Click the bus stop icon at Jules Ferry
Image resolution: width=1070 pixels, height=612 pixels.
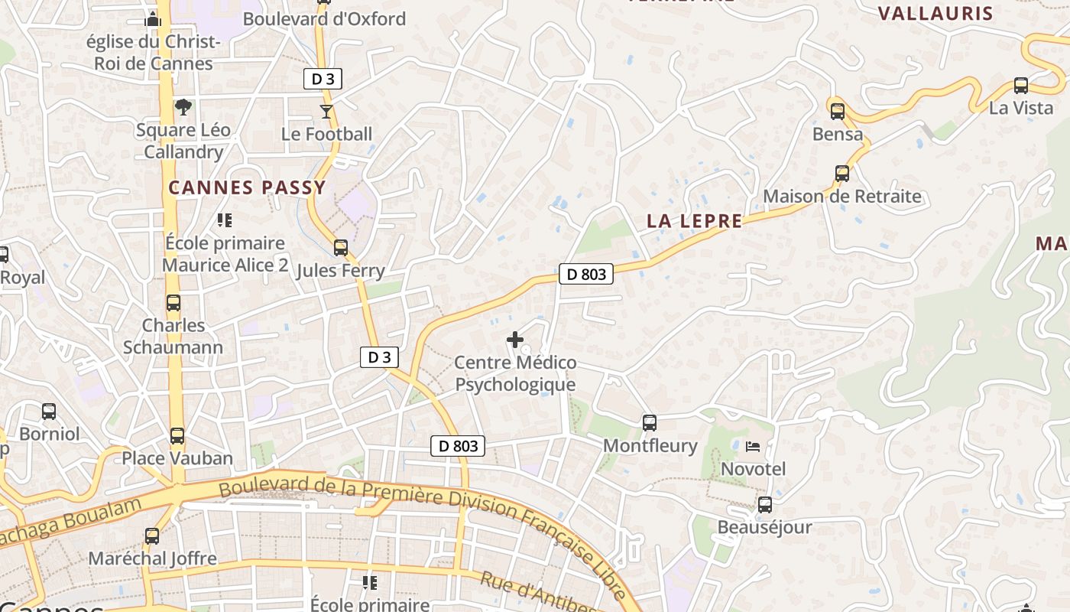tap(341, 248)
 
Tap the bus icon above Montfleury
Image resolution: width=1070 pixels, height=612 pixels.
tap(650, 422)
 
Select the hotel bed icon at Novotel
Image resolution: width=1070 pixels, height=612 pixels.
tap(753, 445)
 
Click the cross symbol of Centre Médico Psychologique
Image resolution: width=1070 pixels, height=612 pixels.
tap(515, 339)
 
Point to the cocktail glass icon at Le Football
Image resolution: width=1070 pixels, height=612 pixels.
tap(326, 112)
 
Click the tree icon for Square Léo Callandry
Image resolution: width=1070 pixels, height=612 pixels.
tap(183, 107)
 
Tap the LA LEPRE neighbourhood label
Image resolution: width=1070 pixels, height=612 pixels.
tap(694, 221)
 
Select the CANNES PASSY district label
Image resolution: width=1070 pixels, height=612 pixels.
tap(247, 187)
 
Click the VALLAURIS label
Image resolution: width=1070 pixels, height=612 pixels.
tap(935, 13)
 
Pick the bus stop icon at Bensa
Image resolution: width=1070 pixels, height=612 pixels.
tap(837, 112)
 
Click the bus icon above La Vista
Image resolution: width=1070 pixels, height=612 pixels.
tap(1021, 85)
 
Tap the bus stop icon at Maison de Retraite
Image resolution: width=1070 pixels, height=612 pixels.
tap(842, 174)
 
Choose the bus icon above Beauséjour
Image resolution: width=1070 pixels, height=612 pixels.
tap(764, 505)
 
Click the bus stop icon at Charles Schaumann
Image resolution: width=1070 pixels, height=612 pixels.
tap(173, 303)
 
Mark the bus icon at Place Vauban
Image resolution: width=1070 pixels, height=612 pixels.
tap(177, 436)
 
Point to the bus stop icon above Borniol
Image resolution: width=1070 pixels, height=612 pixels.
tap(49, 412)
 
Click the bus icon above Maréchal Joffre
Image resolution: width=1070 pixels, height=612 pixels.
tap(152, 536)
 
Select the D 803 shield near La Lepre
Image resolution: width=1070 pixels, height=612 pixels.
tap(586, 274)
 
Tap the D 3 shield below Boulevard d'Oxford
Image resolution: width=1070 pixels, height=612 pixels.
tap(323, 78)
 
